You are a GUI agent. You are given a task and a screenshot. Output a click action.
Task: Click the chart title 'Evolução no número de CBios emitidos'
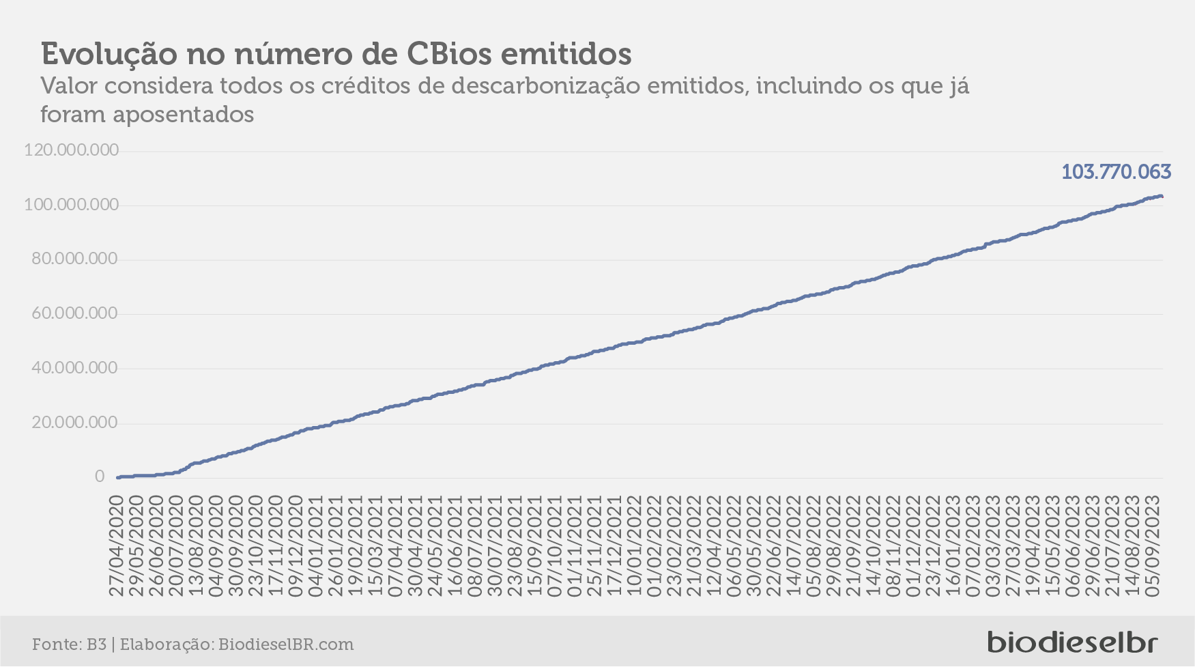[x=336, y=53]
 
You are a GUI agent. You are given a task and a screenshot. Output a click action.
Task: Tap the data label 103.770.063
[x=1116, y=171]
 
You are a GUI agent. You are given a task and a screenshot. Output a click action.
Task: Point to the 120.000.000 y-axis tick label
[x=72, y=150]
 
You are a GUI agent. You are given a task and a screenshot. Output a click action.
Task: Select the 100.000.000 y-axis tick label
[x=72, y=205]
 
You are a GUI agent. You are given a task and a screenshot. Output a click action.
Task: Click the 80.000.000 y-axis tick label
[x=75, y=259]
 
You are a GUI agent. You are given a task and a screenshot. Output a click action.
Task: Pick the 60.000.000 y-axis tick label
[x=75, y=314]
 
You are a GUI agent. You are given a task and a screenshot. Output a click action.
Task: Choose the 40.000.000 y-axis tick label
[x=75, y=368]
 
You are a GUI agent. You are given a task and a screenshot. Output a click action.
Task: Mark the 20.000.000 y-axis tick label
[x=75, y=423]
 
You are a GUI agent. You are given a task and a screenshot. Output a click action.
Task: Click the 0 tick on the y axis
[x=100, y=477]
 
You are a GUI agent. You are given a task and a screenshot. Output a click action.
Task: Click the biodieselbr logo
[x=1073, y=642]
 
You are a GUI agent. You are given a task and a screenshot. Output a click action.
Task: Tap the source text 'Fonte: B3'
[x=69, y=644]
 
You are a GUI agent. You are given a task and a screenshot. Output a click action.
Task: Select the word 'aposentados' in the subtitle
[x=184, y=115]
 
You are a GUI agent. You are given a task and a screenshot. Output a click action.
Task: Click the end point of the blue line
[x=1162, y=197]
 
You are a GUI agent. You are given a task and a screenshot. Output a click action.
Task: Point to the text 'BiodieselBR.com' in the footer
[x=286, y=644]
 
